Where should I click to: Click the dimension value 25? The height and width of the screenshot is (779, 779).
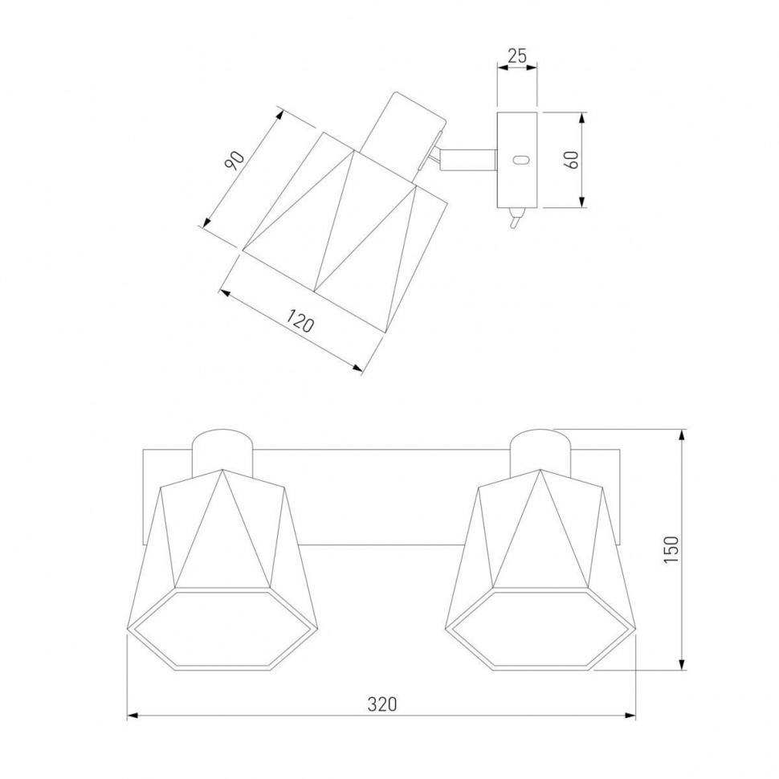click(x=517, y=55)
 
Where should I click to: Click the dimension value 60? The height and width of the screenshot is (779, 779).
click(x=572, y=160)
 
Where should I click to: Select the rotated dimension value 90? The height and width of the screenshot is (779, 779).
click(x=235, y=160)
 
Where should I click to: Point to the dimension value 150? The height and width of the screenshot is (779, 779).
click(x=671, y=549)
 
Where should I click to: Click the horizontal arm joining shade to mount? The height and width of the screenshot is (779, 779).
click(x=468, y=160)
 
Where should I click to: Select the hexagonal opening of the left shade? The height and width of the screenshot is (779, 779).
click(x=222, y=629)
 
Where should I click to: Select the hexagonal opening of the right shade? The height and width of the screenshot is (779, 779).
click(x=541, y=630)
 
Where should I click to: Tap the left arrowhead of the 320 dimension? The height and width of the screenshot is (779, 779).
click(x=132, y=716)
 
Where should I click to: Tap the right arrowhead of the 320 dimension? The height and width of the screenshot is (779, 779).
click(x=631, y=716)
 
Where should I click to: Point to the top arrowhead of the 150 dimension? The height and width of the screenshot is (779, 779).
click(x=683, y=434)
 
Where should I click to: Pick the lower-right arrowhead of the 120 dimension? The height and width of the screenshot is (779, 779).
click(x=357, y=368)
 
